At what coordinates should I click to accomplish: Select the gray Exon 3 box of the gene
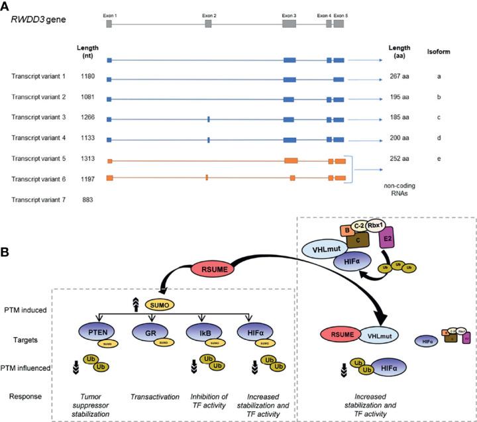(x=289, y=23)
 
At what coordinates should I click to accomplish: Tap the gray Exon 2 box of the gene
(x=208, y=23)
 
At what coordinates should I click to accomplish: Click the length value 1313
(x=90, y=160)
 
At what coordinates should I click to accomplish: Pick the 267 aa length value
(x=400, y=77)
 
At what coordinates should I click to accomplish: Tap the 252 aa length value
(x=400, y=160)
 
